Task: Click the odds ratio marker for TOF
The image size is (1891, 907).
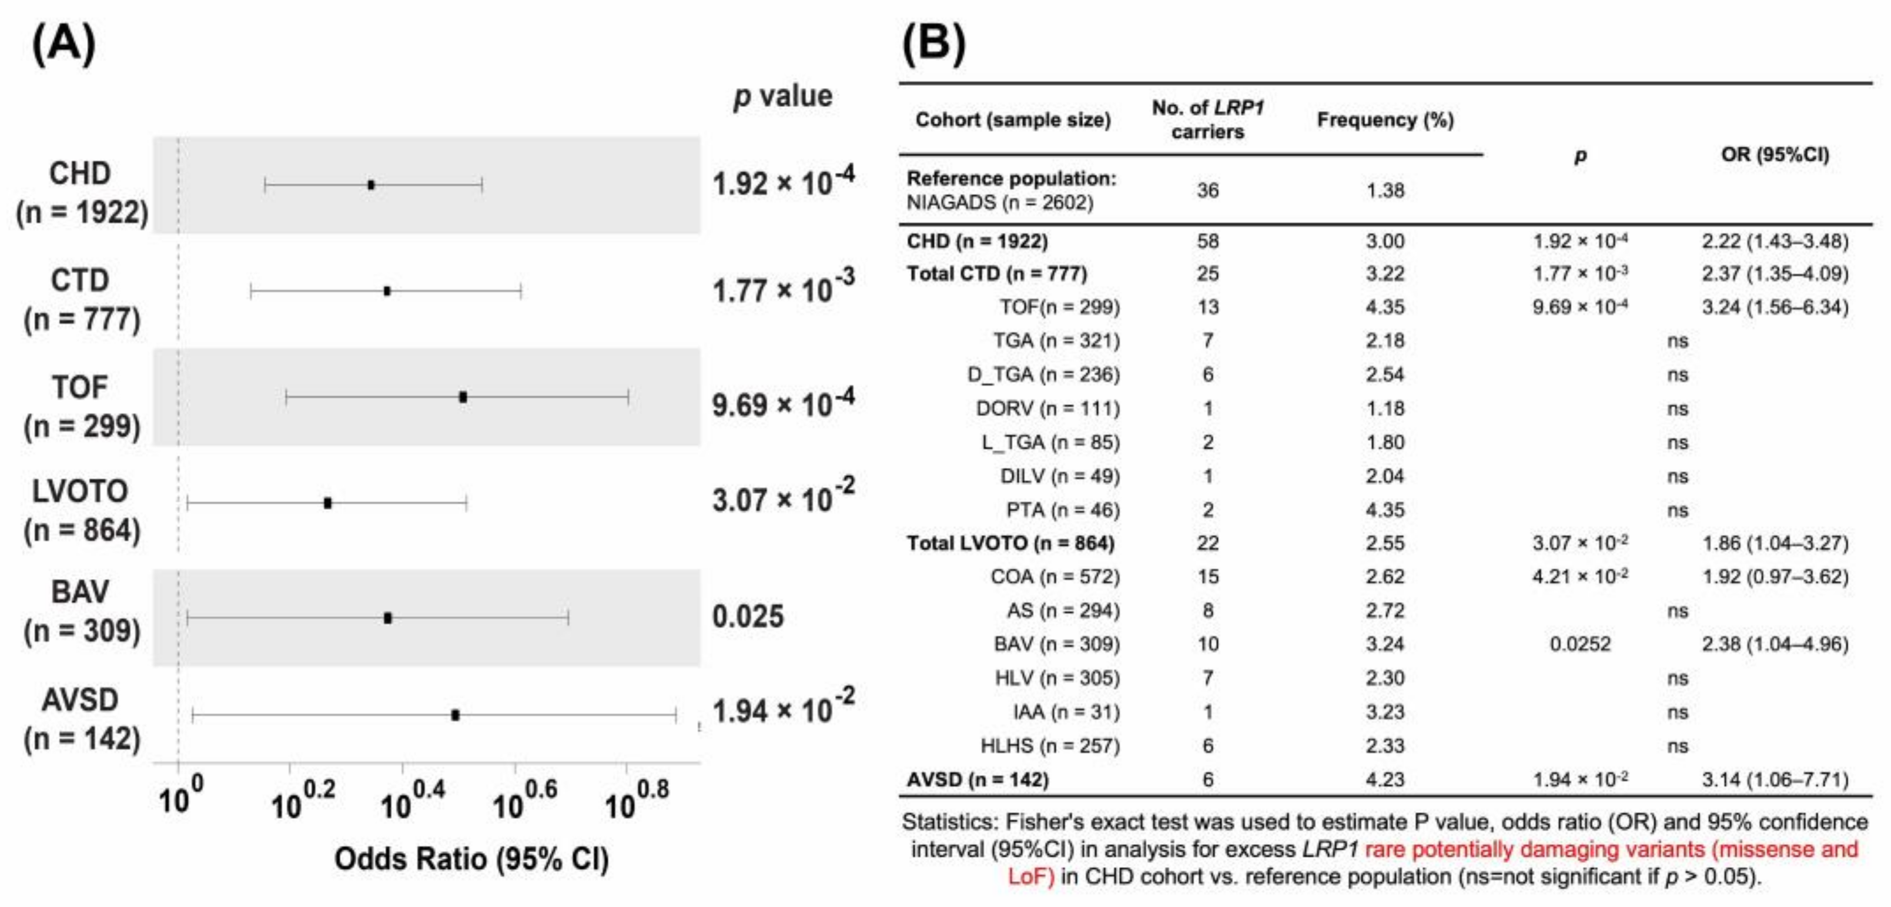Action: coord(463,397)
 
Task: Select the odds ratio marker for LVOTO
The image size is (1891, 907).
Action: coord(327,503)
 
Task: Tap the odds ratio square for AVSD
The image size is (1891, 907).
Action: coord(455,715)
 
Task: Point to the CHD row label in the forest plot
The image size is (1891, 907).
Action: coord(81,192)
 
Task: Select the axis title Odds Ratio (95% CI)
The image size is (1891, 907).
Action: coord(471,859)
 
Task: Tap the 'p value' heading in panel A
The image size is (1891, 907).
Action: coord(782,96)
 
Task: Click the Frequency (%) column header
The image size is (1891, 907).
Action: coord(1384,119)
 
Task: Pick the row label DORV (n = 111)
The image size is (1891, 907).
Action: coord(1047,408)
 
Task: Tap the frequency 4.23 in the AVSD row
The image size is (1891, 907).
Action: coord(1384,779)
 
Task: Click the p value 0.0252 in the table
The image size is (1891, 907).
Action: coord(1579,644)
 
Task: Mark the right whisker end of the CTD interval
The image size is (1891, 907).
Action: coord(520,292)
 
